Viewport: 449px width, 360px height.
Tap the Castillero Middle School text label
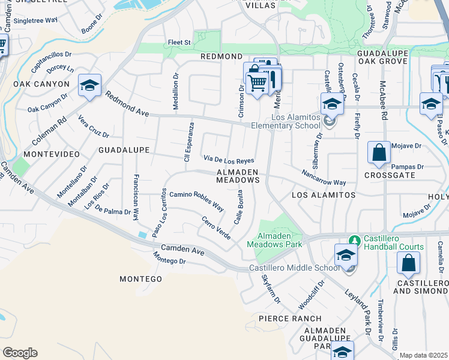tap(294, 268)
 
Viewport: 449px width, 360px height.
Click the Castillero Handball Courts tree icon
tap(355, 241)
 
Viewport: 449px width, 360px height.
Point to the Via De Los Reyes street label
tap(229, 160)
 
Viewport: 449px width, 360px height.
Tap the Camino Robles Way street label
tap(196, 201)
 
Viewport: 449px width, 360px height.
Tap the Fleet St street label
tap(179, 43)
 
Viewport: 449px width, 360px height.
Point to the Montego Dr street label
tap(169, 259)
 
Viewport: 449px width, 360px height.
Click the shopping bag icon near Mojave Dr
tap(379, 154)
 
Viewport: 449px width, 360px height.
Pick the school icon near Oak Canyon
tap(89, 86)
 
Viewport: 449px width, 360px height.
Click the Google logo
tap(20, 352)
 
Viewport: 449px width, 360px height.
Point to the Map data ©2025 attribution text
tap(423, 355)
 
